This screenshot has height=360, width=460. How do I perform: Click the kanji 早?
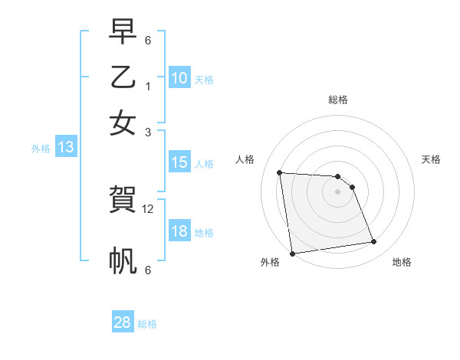123,33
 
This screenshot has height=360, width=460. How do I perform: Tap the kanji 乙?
123,77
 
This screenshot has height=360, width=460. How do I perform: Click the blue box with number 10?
179,77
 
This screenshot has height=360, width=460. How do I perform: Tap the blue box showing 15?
179,162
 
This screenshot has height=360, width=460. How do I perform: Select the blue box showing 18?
179,232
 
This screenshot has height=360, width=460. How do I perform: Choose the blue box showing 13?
65,148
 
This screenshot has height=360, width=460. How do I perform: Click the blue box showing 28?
122,322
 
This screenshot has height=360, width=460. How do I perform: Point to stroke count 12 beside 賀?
148,208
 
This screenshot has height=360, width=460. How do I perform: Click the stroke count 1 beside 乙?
147,86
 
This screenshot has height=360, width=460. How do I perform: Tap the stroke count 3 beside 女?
147,132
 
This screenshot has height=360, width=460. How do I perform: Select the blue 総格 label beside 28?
147,324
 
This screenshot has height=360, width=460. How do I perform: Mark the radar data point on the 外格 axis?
292,253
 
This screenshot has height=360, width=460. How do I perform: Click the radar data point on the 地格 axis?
374,242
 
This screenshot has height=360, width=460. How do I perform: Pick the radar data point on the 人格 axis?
279,172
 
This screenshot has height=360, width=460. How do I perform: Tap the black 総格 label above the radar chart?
337,100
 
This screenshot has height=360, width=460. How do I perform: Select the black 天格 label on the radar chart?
431,159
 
